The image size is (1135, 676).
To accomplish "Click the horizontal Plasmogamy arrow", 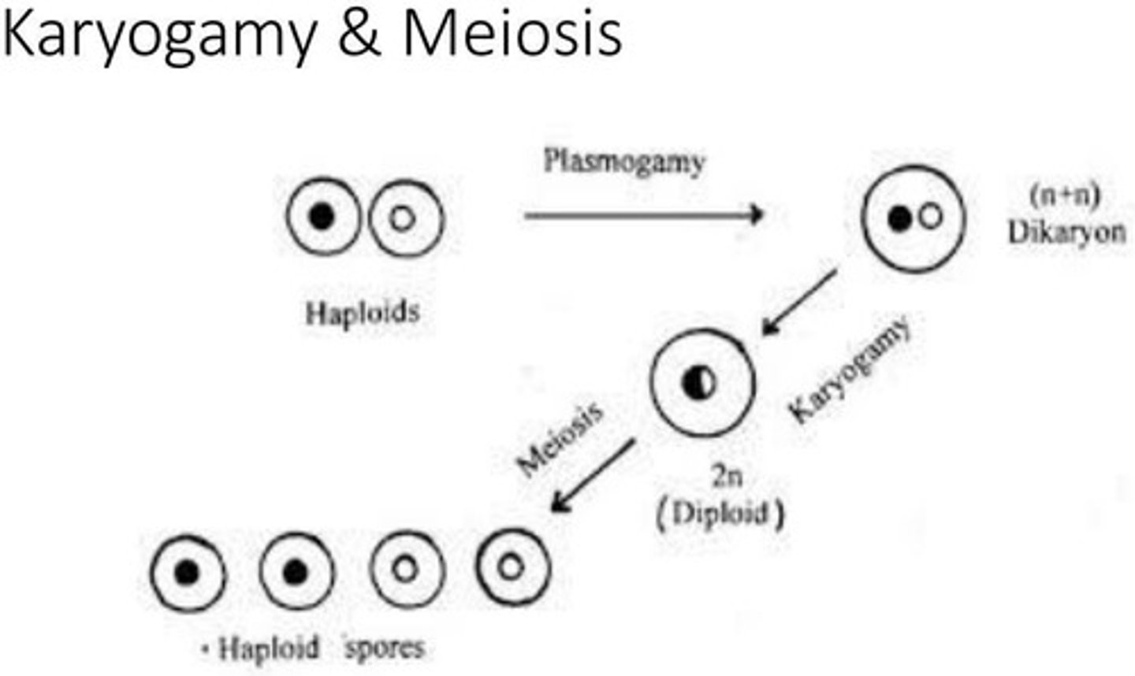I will [x=642, y=214].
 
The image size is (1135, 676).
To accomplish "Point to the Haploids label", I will [x=362, y=314].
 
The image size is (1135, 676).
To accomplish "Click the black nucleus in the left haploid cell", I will [x=321, y=217].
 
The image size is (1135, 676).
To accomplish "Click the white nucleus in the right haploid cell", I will [x=404, y=218].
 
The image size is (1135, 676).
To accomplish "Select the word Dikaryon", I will [x=1066, y=232].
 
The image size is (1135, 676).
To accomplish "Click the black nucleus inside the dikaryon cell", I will [x=899, y=217].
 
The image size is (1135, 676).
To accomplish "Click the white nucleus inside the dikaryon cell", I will [x=931, y=217].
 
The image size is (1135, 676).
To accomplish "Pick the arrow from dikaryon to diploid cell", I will [x=799, y=303].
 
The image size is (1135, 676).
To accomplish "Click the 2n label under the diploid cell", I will [x=724, y=477].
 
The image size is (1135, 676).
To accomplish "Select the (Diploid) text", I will [x=720, y=514].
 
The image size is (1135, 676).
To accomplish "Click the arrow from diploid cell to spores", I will [x=592, y=476].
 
